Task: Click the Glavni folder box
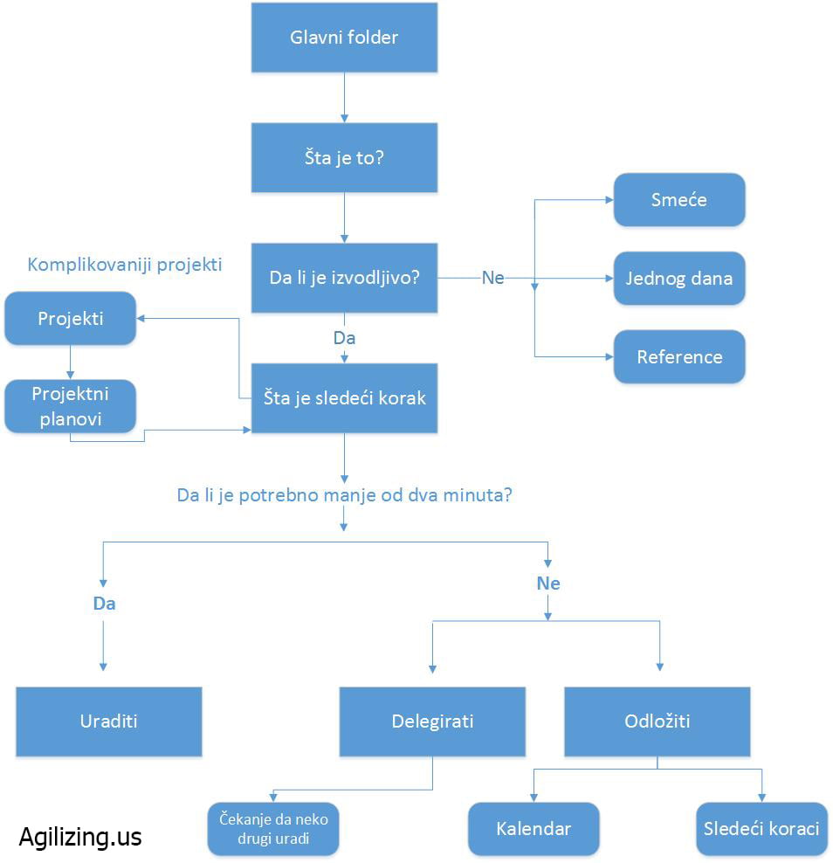click(x=344, y=38)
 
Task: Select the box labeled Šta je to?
click(x=344, y=157)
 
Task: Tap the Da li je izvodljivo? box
click(x=344, y=278)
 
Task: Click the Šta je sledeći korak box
click(x=344, y=397)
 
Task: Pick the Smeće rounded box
click(x=679, y=200)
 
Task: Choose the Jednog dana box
click(x=679, y=278)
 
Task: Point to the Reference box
click(x=679, y=356)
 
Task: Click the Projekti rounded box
click(x=71, y=318)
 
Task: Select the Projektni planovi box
click(x=71, y=406)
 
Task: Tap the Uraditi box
click(x=109, y=721)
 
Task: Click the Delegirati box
click(x=432, y=721)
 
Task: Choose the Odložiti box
click(x=657, y=721)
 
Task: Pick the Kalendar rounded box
click(x=534, y=829)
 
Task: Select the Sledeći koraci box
click(x=761, y=829)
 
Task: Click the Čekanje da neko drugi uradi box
click(x=273, y=829)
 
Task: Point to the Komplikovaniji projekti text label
click(x=125, y=265)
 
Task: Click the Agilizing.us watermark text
click(x=80, y=837)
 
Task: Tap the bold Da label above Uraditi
click(x=104, y=604)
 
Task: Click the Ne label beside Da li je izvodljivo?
click(x=493, y=278)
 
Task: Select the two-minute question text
click(x=344, y=495)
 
